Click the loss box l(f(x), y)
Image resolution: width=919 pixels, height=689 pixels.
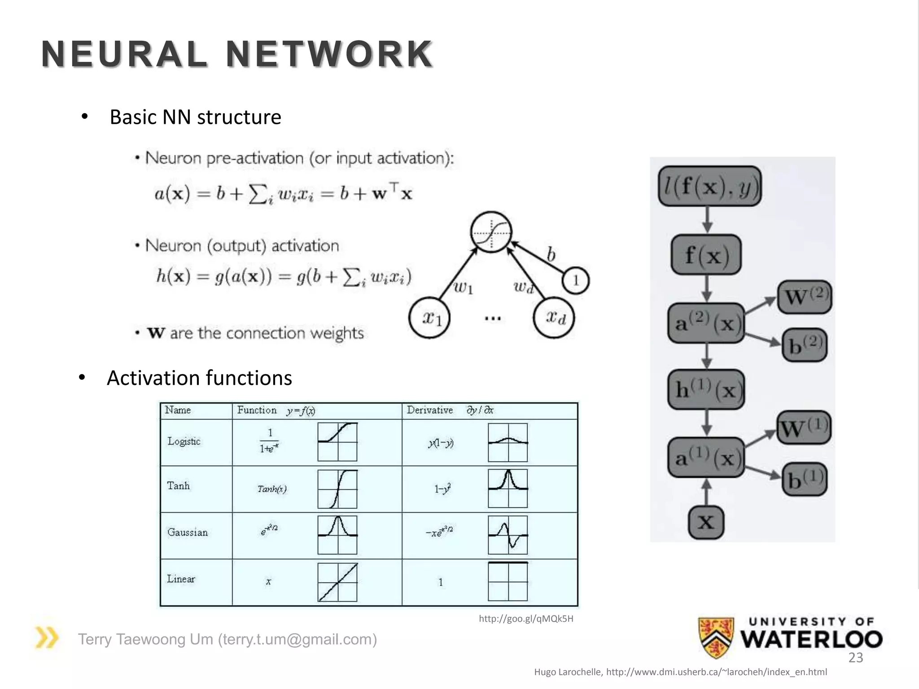(709, 186)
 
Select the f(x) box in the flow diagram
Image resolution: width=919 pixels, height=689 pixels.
(706, 255)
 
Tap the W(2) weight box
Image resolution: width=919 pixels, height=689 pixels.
(804, 297)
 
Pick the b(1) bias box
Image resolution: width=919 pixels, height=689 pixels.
(804, 479)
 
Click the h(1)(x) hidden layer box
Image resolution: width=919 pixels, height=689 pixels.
(706, 389)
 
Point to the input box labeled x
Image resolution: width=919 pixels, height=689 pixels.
(706, 522)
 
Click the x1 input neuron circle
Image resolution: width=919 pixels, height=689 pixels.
(429, 318)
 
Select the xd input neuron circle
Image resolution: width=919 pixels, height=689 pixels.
(554, 317)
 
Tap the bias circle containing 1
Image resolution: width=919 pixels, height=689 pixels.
(575, 281)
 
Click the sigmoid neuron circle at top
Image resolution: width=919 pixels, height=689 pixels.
(491, 232)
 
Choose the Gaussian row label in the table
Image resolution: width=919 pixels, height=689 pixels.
(188, 532)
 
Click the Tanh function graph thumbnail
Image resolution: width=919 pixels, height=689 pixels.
(337, 489)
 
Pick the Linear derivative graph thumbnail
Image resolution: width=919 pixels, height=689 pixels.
(508, 581)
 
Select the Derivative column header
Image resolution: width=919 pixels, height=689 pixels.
(429, 410)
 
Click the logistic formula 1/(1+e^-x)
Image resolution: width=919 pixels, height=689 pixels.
(270, 441)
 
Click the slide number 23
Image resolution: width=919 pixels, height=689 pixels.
(855, 658)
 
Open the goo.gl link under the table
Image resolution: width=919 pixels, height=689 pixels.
(526, 619)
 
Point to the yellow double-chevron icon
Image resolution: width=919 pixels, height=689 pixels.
(47, 638)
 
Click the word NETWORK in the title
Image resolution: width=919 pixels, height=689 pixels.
(329, 55)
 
